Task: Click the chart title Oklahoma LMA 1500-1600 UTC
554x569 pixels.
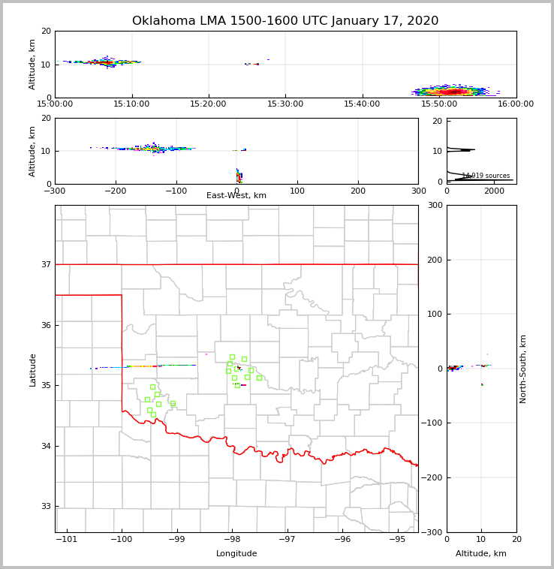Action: coord(285,21)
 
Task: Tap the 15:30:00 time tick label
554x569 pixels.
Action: coord(285,104)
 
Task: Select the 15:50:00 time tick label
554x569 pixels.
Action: coord(439,104)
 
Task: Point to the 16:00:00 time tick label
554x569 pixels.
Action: coord(516,104)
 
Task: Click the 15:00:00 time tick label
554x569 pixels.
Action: coord(55,104)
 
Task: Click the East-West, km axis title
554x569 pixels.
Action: coord(236,196)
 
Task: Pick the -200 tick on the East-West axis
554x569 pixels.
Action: coord(115,191)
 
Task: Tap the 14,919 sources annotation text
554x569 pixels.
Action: coord(486,176)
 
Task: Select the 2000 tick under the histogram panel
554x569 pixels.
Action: coord(494,191)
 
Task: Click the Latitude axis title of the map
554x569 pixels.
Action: coord(33,369)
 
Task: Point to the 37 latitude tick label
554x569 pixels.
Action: coord(46,265)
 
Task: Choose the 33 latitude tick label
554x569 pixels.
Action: coord(46,507)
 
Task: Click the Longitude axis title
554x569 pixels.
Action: coord(236,554)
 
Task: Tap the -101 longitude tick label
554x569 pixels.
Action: coord(67,540)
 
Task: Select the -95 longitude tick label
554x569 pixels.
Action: coord(397,540)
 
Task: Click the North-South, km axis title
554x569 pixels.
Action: coord(523,369)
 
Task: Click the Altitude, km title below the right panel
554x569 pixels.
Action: coord(481,554)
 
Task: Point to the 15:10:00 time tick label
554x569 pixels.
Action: coord(131,104)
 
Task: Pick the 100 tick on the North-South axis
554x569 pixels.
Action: coord(434,315)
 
